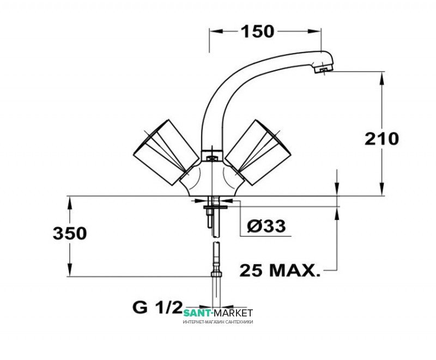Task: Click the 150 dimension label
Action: pyautogui.click(x=257, y=32)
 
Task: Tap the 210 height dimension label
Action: pyautogui.click(x=382, y=139)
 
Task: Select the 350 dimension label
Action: pyautogui.click(x=70, y=233)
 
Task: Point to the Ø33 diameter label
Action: pyautogui.click(x=267, y=226)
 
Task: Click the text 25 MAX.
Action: pyautogui.click(x=280, y=270)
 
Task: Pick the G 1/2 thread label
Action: pyautogui.click(x=157, y=307)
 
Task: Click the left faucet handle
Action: pyautogui.click(x=162, y=152)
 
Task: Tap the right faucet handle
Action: pyautogui.click(x=258, y=152)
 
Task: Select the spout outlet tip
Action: pyautogui.click(x=323, y=70)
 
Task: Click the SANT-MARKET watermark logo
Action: pyautogui.click(x=218, y=313)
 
